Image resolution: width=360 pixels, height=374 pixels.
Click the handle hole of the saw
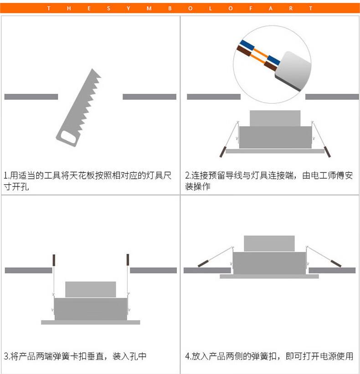tap(68, 137)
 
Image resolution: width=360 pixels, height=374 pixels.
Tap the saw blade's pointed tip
tap(92, 69)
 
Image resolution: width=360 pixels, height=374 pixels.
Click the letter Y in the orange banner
tap(129, 9)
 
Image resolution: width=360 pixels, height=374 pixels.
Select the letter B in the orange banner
tap(170, 9)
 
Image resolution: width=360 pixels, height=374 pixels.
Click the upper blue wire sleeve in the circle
tap(247, 45)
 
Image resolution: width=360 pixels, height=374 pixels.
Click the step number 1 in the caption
tap(6, 176)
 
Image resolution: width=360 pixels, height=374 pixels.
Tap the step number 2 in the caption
tap(187, 176)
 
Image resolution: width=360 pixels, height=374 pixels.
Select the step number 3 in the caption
tap(6, 356)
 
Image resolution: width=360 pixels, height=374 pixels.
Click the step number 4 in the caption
tap(187, 356)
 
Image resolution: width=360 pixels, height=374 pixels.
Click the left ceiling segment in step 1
tap(31, 97)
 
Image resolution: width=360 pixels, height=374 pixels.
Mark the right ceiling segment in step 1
tap(149, 97)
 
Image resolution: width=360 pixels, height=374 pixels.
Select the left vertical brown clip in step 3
tap(54, 260)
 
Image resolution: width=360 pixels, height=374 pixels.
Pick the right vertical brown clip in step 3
tap(128, 260)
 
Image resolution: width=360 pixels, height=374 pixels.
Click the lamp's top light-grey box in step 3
tap(91, 289)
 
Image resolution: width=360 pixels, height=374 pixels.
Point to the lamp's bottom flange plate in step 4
tap(269, 276)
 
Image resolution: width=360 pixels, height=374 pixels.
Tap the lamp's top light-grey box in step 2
tap(275, 118)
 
